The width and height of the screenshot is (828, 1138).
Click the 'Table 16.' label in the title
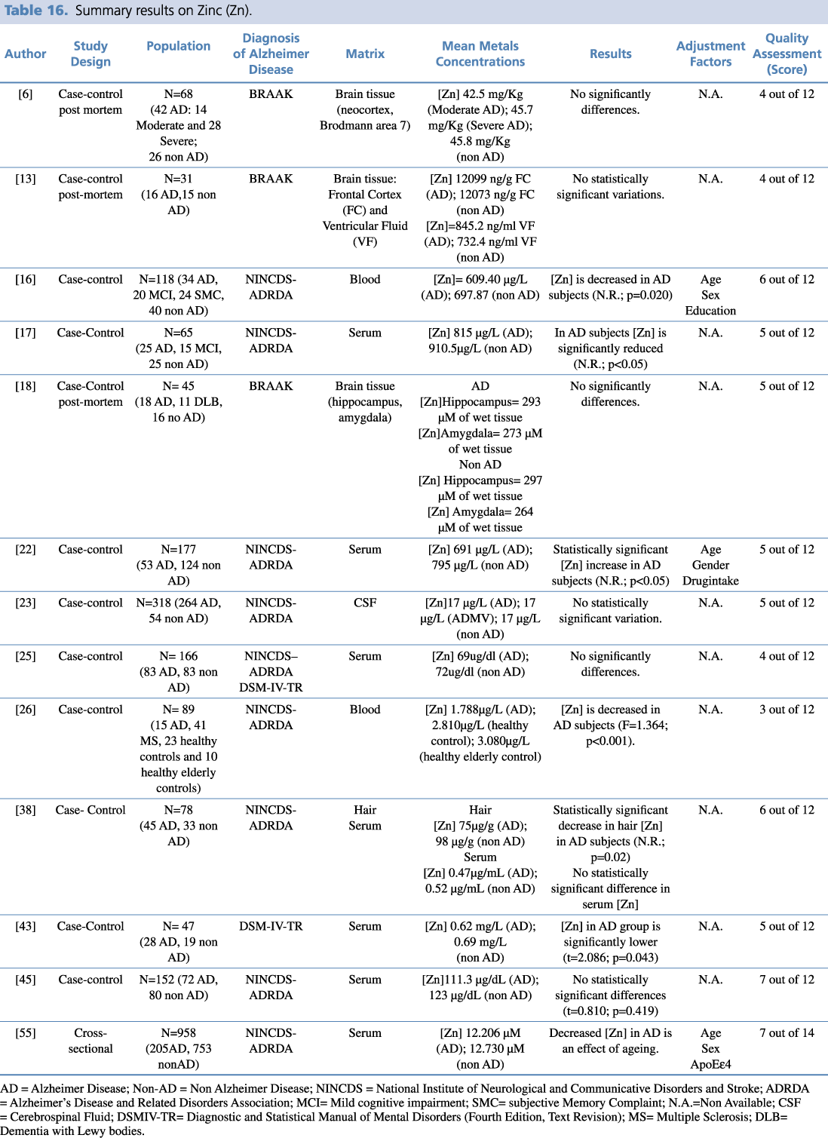pyautogui.click(x=36, y=11)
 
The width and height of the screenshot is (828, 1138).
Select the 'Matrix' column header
pyautogui.click(x=365, y=54)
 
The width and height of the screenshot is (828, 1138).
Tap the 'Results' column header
pyautogui.click(x=610, y=54)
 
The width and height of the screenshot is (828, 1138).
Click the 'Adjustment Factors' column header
pyautogui.click(x=710, y=54)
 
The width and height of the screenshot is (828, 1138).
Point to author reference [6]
pyautogui.click(x=26, y=94)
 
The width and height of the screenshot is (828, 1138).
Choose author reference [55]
pyautogui.click(x=26, y=1033)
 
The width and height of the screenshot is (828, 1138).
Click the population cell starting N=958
pyautogui.click(x=179, y=1048)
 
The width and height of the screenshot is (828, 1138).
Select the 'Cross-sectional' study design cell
pyautogui.click(x=90, y=1041)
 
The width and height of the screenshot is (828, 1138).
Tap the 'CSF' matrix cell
pyautogui.click(x=365, y=603)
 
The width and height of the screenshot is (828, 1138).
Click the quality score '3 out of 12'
pyautogui.click(x=787, y=710)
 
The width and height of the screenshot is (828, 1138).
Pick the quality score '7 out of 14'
pyautogui.click(x=787, y=1033)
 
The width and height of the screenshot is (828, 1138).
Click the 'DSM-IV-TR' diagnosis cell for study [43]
pyautogui.click(x=271, y=926)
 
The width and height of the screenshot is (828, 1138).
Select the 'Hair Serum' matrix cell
pyautogui.click(x=365, y=817)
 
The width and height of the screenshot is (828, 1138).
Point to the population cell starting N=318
pyautogui.click(x=179, y=611)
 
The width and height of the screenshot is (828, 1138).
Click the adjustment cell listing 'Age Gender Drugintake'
pyautogui.click(x=710, y=565)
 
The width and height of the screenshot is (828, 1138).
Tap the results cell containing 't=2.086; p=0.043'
pyautogui.click(x=610, y=942)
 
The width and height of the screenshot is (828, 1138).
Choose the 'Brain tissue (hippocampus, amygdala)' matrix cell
pyautogui.click(x=365, y=401)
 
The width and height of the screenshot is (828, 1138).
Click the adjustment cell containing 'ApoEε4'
pyautogui.click(x=710, y=1049)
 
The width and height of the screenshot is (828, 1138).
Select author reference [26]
pyautogui.click(x=26, y=710)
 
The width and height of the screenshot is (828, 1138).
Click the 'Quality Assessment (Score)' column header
pyautogui.click(x=787, y=54)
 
